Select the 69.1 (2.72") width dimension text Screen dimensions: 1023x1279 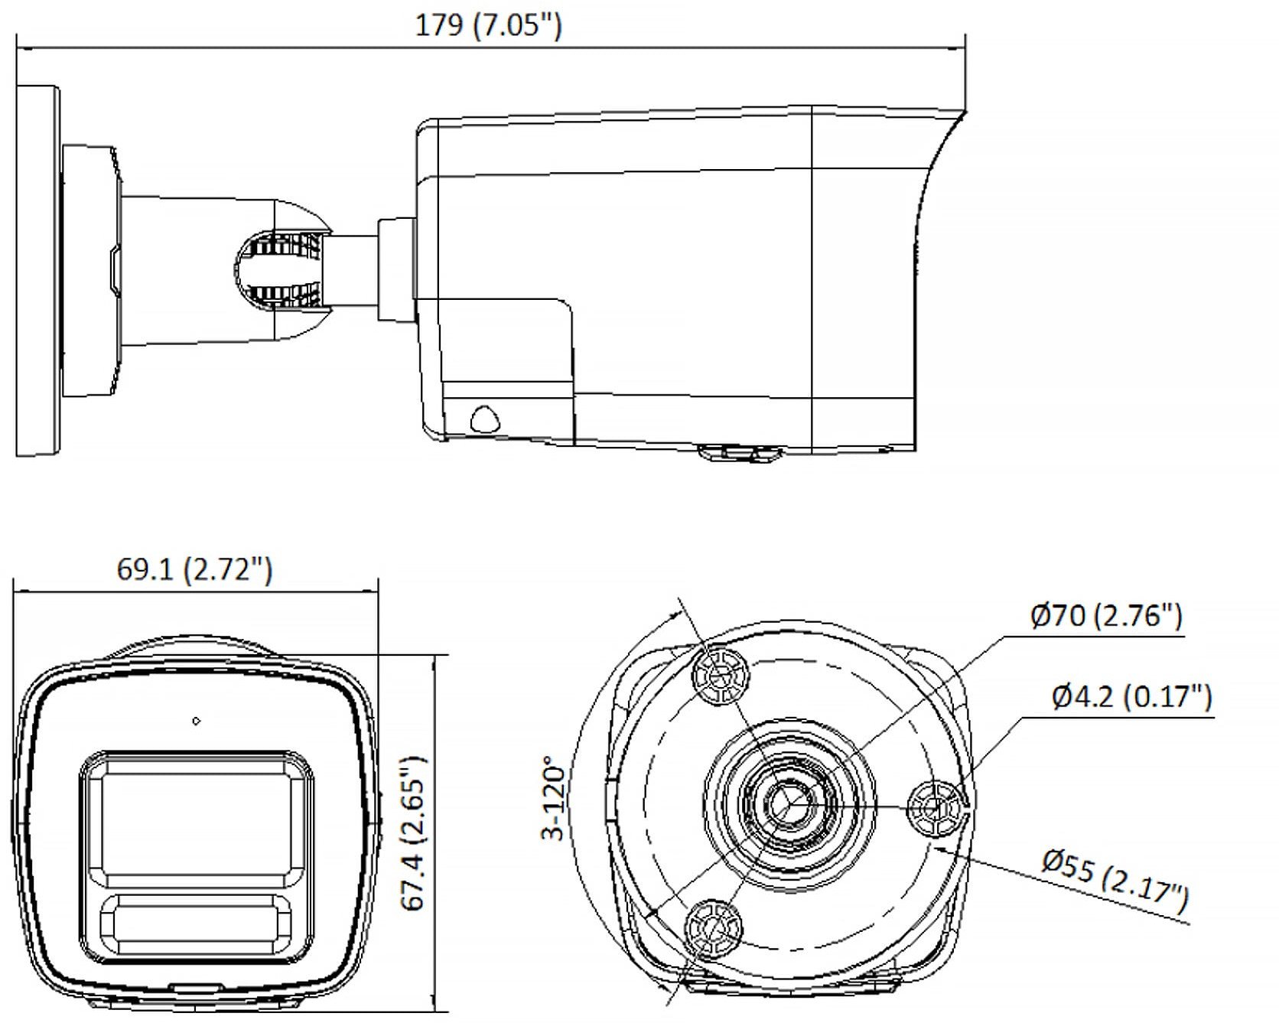tap(194, 569)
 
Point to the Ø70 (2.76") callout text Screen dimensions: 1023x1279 tap(1106, 615)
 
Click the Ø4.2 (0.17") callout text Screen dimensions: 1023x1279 tap(1131, 696)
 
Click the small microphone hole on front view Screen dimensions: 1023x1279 tap(197, 721)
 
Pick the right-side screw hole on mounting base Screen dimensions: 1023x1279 tap(935, 808)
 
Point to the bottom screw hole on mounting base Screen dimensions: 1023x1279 tap(713, 929)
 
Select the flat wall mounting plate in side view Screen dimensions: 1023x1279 tap(37, 272)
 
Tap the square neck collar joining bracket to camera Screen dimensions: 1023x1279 tap(397, 269)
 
